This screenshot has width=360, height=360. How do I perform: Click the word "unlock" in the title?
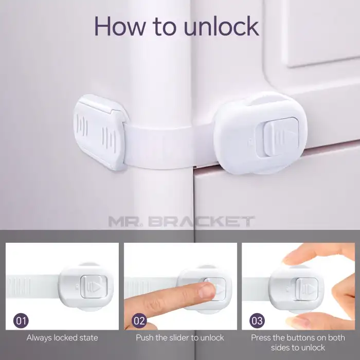(x=222, y=26)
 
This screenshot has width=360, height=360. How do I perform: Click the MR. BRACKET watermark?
(x=182, y=221)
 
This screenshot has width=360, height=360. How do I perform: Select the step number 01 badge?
(x=21, y=320)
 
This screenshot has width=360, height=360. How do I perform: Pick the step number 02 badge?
(x=139, y=320)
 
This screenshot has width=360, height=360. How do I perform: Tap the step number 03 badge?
(x=257, y=320)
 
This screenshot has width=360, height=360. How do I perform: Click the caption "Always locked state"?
(x=62, y=338)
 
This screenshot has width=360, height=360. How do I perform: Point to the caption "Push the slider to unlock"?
(x=180, y=338)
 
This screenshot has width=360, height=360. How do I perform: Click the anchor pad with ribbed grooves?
(x=100, y=132)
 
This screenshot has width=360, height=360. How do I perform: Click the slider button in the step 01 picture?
(x=94, y=286)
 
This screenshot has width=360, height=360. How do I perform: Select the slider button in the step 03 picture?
(x=307, y=289)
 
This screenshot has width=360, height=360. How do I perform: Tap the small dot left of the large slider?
(x=250, y=139)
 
